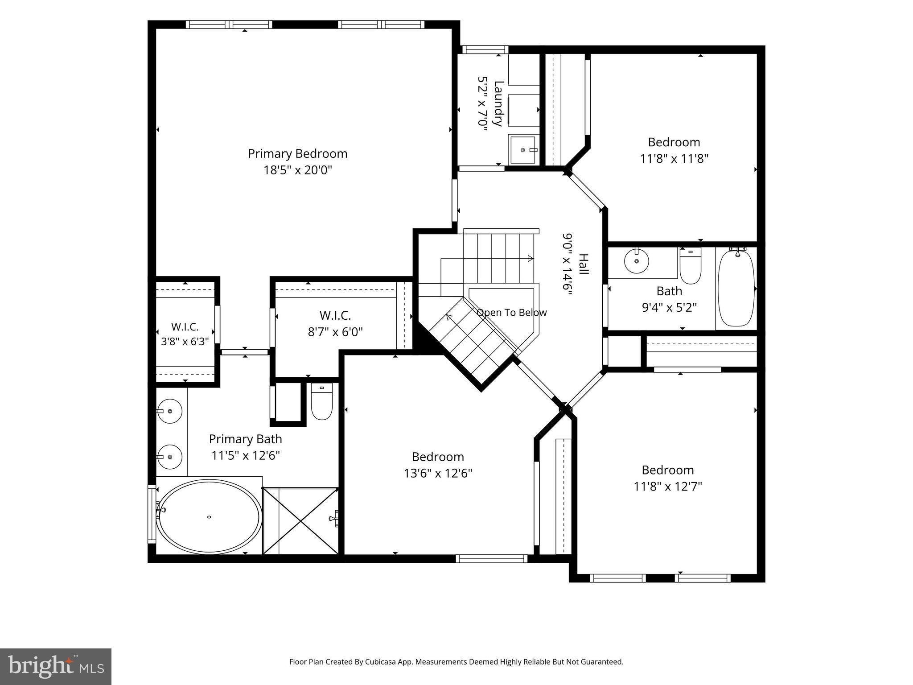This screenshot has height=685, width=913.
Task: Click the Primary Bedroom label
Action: (297, 153)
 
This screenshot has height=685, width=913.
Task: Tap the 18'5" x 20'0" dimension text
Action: (298, 170)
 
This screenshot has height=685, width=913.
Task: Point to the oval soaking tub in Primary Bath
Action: (209, 517)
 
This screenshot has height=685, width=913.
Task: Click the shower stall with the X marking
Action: (301, 521)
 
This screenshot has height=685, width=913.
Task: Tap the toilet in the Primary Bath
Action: (321, 401)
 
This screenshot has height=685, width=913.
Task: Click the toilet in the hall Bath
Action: (691, 266)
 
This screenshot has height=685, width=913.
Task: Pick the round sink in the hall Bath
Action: (637, 260)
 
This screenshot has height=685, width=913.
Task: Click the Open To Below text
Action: (512, 312)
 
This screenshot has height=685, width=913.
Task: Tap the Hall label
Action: (583, 264)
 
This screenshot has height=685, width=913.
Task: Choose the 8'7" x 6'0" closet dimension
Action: (335, 332)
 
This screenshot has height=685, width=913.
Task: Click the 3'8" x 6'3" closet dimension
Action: (185, 342)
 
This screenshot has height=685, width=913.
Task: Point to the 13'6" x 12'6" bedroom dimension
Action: (438, 473)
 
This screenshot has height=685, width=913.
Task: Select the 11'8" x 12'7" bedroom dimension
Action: (668, 486)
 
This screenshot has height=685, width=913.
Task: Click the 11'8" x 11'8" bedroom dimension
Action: (674, 158)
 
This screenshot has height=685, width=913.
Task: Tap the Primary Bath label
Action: (246, 439)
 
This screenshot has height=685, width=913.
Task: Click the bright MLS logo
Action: (56, 667)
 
